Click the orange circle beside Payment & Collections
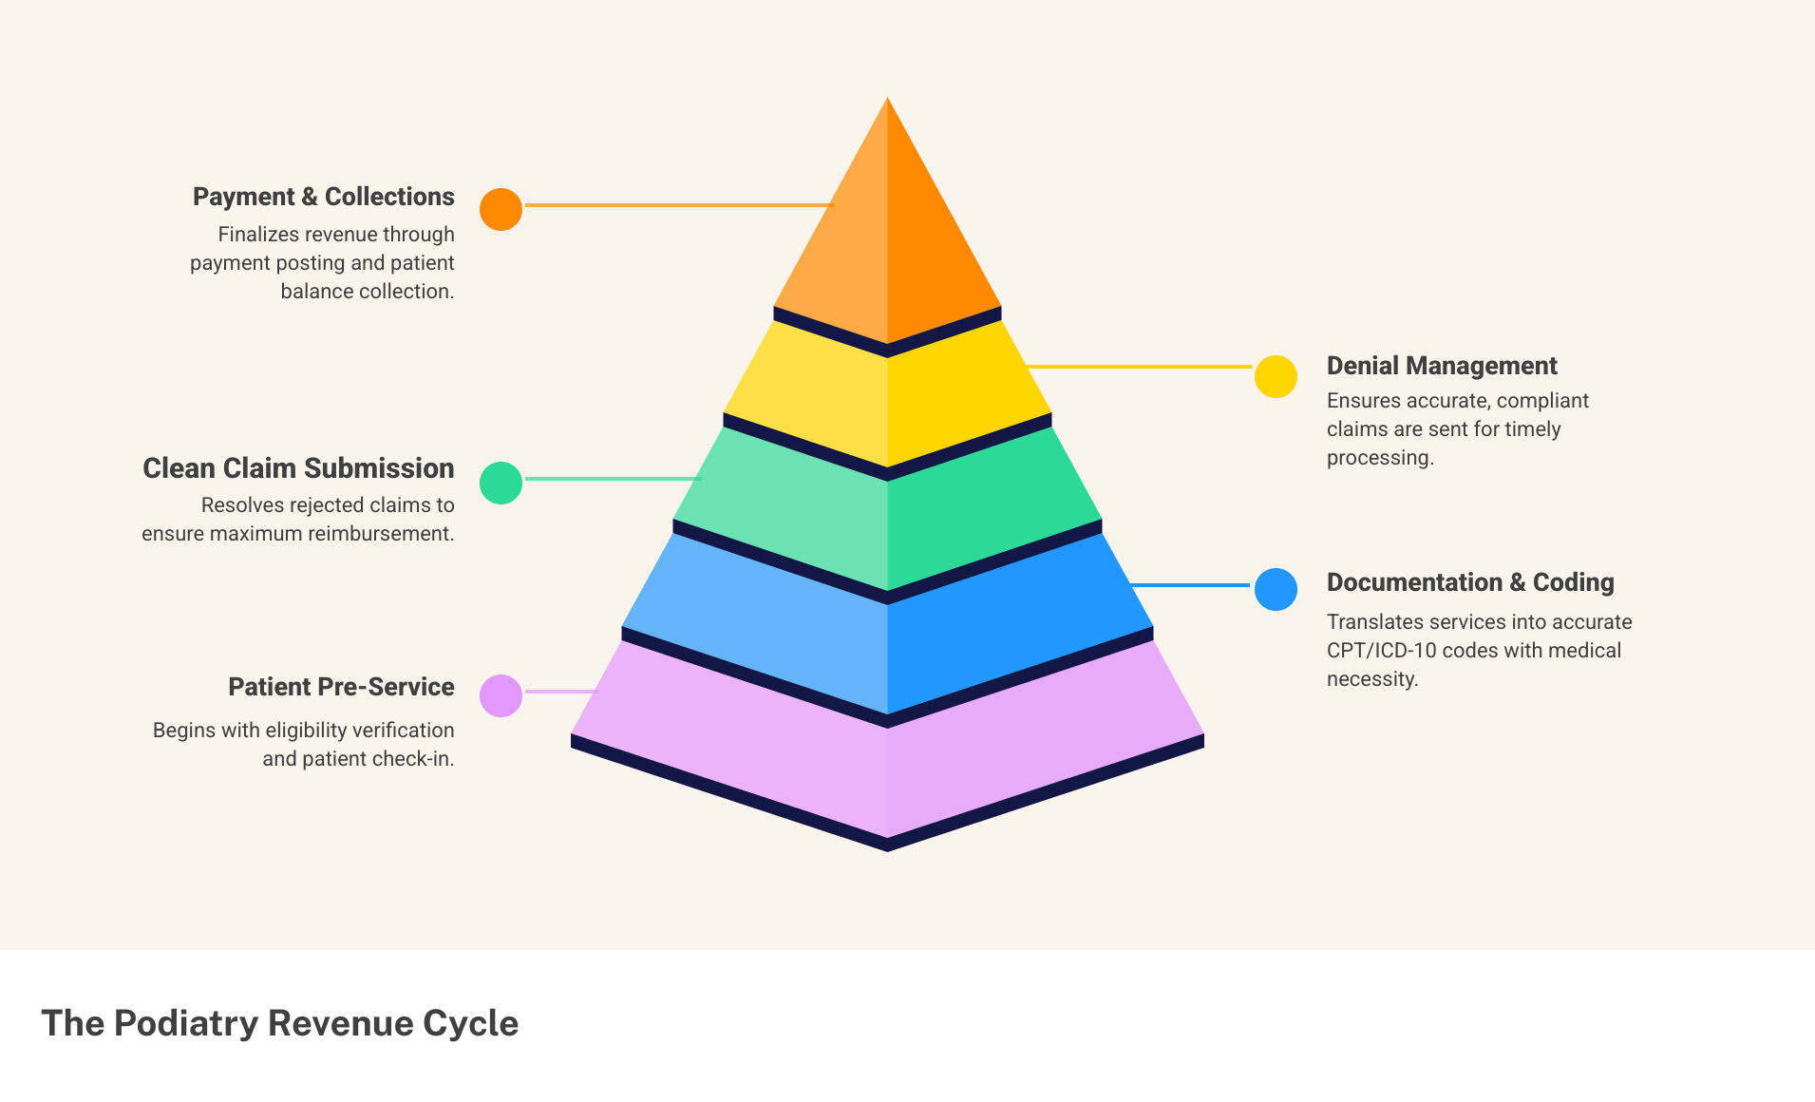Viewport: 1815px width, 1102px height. [x=501, y=209]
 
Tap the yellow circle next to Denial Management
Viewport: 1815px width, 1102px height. [x=1276, y=377]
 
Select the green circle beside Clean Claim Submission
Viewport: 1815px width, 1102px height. [x=501, y=483]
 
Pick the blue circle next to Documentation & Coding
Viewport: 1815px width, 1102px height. [x=1276, y=589]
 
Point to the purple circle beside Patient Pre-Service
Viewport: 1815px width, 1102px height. [x=501, y=695]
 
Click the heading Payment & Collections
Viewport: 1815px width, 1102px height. [x=323, y=197]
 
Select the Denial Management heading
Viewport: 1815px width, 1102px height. [x=1441, y=366]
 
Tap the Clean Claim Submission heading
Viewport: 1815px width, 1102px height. [x=298, y=468]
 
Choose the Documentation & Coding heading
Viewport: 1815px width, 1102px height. [x=1469, y=582]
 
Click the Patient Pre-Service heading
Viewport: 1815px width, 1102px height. [x=341, y=687]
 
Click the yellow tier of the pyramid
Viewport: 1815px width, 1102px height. [x=887, y=399]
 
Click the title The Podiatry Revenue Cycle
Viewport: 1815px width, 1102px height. [x=279, y=1023]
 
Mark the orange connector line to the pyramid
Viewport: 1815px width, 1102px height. [x=679, y=204]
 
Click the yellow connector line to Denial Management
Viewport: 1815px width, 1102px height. [x=1140, y=366]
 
